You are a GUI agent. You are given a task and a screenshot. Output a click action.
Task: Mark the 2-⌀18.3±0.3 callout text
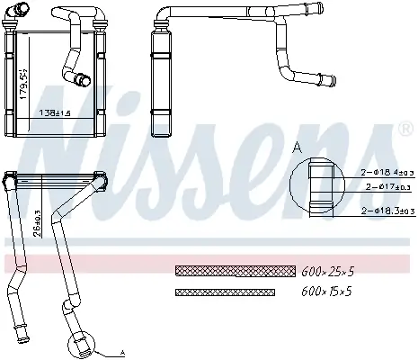point(386,212)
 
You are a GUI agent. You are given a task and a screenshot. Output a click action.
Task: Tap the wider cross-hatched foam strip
point(235,270)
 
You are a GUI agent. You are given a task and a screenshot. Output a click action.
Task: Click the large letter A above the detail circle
point(297,147)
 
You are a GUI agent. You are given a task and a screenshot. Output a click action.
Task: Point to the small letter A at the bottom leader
point(122,353)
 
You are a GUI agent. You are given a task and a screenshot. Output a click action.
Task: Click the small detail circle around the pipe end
point(78,345)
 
